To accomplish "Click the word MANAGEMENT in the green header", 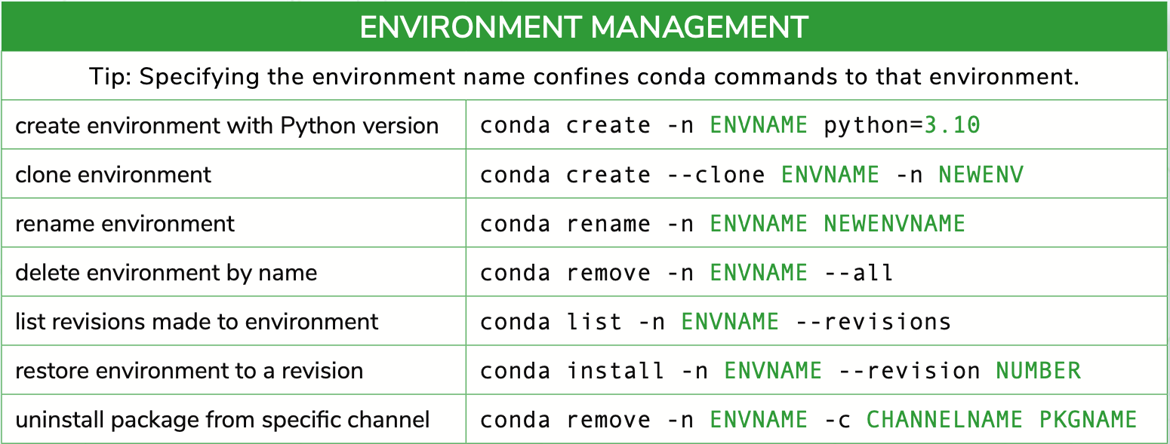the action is pos(700,27).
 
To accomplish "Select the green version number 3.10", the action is pos(952,125).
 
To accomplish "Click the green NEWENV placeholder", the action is pos(981,175).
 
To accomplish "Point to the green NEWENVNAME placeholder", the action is pos(894,224).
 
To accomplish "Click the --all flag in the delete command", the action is pos(858,273).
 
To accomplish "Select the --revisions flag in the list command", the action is pos(873,322).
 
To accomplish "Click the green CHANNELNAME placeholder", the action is pos(944,420).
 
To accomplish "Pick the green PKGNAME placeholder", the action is pos(1088,420).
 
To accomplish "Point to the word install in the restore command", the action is pos(616,371).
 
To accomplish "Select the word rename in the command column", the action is pos(608,224).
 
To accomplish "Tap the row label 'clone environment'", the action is pos(113,175).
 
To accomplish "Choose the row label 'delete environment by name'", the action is pos(166,273).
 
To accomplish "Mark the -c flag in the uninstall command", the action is pos(838,420).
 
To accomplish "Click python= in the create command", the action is pos(873,126).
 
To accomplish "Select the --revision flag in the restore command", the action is pos(909,371).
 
